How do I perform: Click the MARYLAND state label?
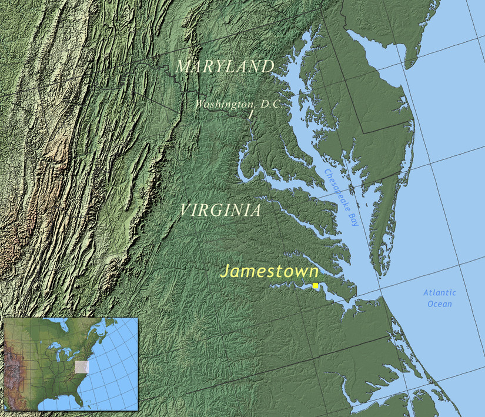225,66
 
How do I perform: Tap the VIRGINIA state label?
220,211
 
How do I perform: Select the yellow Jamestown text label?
269,271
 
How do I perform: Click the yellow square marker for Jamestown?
315,285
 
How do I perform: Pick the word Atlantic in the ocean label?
440,293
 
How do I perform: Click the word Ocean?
440,304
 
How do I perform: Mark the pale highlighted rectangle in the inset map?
83,367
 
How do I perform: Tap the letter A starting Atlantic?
426,293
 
